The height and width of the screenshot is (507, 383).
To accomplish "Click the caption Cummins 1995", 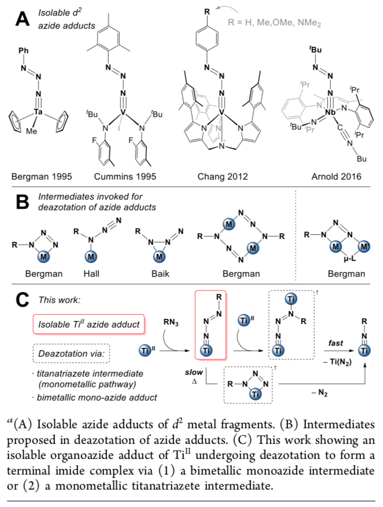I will [123, 175].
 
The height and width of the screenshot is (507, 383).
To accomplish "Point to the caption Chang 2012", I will [222, 175].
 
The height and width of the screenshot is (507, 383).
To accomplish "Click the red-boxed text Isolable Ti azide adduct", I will [102, 324].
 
